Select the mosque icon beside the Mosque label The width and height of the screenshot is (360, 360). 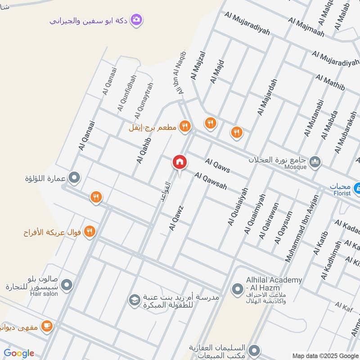315,161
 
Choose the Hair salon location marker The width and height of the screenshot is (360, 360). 67,285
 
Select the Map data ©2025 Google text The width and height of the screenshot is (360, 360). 325,355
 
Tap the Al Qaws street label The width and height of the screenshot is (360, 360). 217,166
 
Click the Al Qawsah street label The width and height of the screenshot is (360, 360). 211,180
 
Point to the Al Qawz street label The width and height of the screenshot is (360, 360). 176,218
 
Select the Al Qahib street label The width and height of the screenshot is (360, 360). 144,150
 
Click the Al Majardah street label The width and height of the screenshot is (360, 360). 267,97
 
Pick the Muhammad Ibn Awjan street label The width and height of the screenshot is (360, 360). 302,228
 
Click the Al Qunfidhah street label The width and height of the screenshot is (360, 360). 126,93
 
